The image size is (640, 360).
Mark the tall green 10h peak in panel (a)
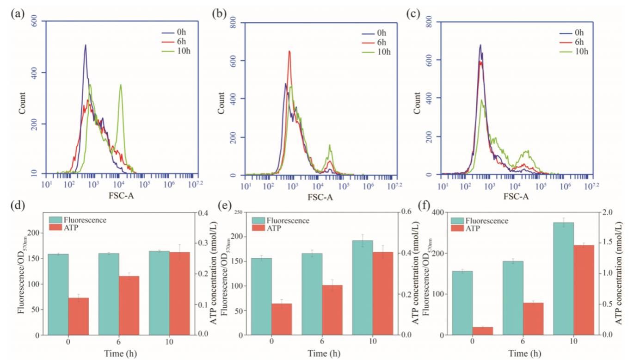(x=121, y=85)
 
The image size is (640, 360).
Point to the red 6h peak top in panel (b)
(x=289, y=51)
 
